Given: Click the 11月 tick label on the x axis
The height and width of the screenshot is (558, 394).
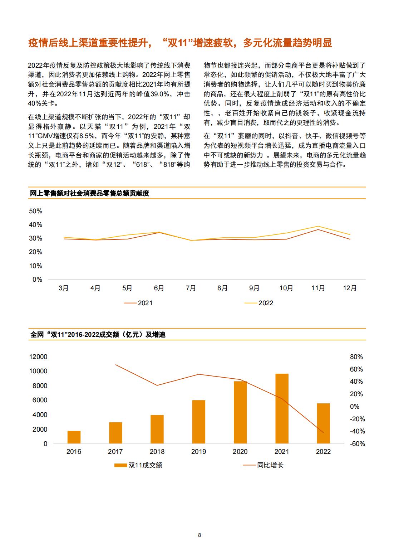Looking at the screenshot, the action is (318, 288).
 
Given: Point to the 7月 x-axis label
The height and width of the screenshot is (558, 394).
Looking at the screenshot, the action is (191, 288).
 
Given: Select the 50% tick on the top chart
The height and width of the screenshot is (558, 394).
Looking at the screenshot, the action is (36, 211).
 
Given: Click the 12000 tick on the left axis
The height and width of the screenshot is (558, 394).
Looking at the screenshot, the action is (38, 357).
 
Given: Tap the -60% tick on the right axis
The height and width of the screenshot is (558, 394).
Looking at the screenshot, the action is (358, 444).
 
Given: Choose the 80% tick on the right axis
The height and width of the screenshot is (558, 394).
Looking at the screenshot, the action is (356, 357).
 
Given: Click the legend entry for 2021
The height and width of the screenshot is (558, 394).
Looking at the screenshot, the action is (138, 303).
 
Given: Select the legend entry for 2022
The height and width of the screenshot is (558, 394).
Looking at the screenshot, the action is (259, 303).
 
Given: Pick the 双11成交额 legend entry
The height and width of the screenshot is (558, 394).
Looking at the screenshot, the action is (138, 465).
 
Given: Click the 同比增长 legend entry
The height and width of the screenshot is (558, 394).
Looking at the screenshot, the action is (263, 465).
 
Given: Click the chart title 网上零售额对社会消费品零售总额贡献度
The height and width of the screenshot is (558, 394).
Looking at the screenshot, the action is (90, 193).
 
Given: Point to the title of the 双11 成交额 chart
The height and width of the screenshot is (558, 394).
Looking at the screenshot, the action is (98, 335).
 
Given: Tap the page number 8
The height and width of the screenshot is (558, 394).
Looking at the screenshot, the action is (200, 535).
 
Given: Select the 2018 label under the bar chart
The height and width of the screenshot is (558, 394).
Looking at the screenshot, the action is (157, 451).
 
